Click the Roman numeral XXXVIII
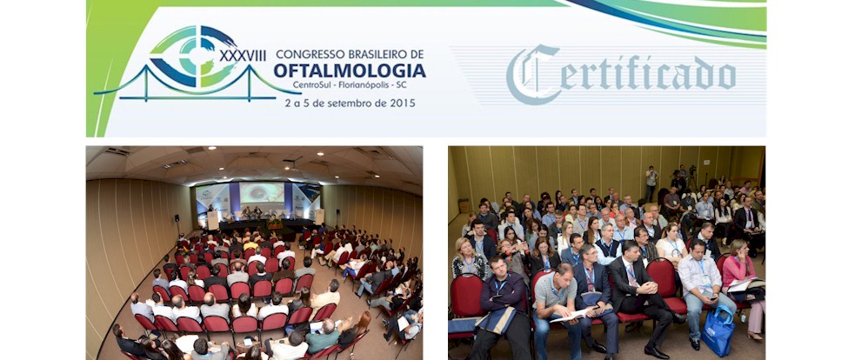tap(243, 56)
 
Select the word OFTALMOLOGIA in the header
tap(350, 71)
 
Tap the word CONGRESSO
tap(310, 54)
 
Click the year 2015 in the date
tap(403, 103)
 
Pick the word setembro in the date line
tap(350, 103)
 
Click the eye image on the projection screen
tap(261, 193)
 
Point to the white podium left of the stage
tap(212, 220)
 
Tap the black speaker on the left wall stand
tap(177, 218)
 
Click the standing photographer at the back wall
tap(651, 183)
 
